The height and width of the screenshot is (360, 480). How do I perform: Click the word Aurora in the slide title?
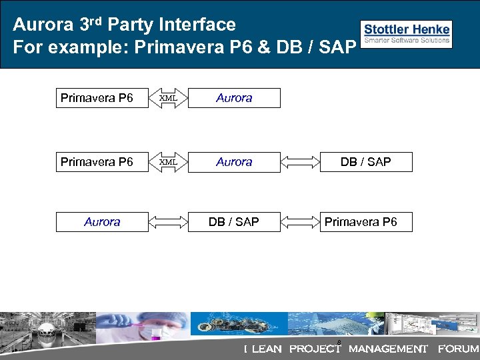(44, 25)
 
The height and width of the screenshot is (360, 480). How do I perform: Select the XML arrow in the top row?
(168, 97)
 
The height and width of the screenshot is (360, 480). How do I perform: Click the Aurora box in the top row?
(234, 98)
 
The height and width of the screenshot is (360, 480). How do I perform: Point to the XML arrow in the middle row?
(168, 161)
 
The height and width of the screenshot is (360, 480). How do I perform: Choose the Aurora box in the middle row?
(234, 162)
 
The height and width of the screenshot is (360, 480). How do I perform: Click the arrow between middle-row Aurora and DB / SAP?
(300, 162)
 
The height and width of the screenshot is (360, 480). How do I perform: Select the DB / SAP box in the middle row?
(365, 162)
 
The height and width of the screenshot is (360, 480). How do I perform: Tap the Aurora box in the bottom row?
(102, 222)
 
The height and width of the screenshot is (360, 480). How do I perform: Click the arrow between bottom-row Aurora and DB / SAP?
(168, 222)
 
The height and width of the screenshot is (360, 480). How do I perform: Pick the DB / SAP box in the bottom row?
(234, 222)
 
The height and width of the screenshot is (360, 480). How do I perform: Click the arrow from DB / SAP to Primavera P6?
(300, 222)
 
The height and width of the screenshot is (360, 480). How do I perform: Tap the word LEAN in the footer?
(267, 349)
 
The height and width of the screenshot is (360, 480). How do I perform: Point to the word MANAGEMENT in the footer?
(388, 349)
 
